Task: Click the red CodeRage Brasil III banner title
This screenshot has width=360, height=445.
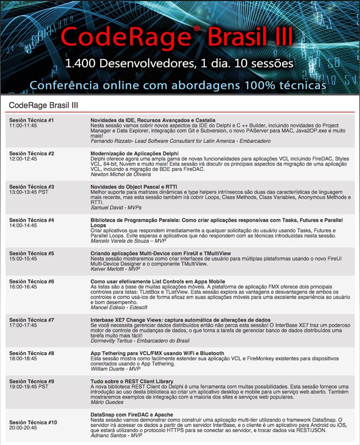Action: (177, 36)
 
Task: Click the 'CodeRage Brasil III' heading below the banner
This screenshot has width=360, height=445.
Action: (44, 105)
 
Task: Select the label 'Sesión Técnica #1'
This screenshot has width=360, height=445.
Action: (32, 121)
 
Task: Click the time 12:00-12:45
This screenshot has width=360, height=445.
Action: (23, 159)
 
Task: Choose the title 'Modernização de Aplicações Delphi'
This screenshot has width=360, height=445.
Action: (134, 153)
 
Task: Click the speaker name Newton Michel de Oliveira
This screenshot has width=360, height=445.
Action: (121, 174)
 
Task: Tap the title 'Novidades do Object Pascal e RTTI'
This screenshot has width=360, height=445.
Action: (133, 187)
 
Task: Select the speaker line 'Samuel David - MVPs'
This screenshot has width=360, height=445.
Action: (115, 208)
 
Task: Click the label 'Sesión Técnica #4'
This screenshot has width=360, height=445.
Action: (32, 220)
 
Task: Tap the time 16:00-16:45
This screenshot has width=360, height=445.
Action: (23, 287)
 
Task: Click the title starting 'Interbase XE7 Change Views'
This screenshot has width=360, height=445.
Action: (180, 320)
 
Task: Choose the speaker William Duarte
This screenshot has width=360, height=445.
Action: (115, 369)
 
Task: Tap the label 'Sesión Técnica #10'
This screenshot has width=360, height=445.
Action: (33, 422)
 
